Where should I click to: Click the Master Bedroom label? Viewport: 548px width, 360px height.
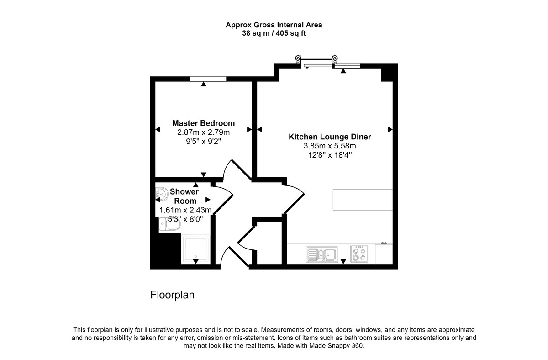click(204, 123)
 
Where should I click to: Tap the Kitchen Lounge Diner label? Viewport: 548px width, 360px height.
click(330, 137)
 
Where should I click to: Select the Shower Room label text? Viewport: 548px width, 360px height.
click(184, 196)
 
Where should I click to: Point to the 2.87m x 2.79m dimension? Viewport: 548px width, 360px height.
click(204, 132)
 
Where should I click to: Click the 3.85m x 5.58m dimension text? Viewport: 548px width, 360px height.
click(330, 146)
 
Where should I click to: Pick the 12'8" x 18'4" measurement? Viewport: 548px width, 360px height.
click(330, 155)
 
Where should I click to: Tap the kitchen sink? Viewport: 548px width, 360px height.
click(322, 254)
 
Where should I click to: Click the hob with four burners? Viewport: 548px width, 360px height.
click(359, 254)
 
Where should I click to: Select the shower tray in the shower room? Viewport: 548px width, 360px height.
click(195, 249)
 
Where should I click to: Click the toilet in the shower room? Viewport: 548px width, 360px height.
click(170, 224)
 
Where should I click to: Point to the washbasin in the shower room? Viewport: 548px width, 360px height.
click(162, 194)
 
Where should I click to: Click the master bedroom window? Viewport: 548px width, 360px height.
click(208, 79)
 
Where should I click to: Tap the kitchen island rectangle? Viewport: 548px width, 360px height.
click(363, 200)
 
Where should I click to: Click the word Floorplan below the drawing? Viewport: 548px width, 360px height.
click(173, 295)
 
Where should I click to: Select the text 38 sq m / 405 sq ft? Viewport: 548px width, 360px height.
click(274, 33)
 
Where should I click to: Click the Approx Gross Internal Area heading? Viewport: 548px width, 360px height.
click(274, 25)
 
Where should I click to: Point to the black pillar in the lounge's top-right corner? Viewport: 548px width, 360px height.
click(389, 73)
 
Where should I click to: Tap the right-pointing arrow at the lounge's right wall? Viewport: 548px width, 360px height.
click(390, 129)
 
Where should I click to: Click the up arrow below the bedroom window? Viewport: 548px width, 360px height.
click(204, 84)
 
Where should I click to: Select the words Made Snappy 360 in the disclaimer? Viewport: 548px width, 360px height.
click(336, 346)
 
